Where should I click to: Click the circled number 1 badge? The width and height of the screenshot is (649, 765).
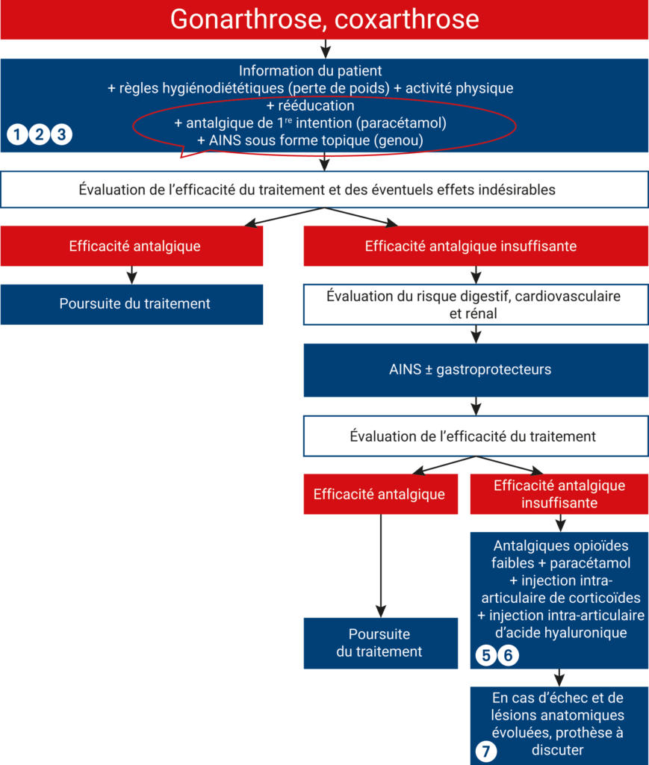(x=18, y=134)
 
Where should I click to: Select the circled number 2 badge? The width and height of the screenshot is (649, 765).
(x=40, y=134)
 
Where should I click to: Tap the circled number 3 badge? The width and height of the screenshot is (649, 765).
(x=61, y=134)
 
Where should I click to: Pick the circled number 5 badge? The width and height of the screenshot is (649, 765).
(x=485, y=655)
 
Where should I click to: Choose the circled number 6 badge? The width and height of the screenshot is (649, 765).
(x=508, y=655)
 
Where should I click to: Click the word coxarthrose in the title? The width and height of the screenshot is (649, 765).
(x=407, y=19)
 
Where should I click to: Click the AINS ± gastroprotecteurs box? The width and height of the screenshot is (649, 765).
(x=476, y=370)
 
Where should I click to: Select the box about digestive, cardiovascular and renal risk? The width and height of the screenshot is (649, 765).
(x=476, y=305)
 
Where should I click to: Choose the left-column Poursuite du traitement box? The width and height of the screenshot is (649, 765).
(x=131, y=305)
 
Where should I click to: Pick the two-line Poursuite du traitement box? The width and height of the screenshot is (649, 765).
(x=381, y=643)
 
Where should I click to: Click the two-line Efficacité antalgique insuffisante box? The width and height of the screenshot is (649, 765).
(x=559, y=494)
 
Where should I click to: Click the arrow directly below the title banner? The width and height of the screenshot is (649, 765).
(x=326, y=49)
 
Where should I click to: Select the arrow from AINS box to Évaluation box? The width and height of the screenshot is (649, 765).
(x=476, y=406)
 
